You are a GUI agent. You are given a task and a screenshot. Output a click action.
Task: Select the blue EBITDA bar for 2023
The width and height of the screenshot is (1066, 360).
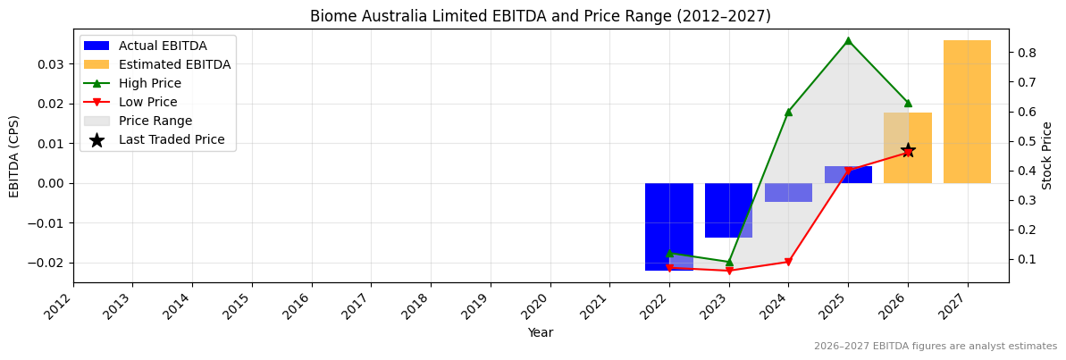pos(728,210)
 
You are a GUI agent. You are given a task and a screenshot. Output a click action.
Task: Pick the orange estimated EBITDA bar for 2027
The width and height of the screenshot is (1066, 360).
pos(967,112)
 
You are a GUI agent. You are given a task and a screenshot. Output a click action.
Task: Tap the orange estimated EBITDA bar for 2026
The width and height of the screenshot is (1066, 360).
pos(907,147)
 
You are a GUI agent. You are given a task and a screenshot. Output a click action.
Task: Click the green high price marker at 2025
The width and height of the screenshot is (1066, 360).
pos(848,40)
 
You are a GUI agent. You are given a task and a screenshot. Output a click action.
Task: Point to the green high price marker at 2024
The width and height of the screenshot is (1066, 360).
pos(788,112)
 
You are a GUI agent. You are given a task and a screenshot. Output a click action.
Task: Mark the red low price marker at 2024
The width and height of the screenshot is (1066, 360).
pos(788,262)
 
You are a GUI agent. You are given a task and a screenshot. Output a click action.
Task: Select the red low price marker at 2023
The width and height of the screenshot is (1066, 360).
pos(728,271)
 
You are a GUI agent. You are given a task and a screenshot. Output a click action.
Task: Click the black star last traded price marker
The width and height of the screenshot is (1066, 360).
pos(908,150)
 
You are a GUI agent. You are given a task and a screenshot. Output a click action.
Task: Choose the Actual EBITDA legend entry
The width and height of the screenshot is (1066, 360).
pos(162,46)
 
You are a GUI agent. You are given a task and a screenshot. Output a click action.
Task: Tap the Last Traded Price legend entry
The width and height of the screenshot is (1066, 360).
pos(171,139)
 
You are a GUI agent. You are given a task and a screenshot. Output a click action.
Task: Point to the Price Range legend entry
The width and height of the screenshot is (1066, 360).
pos(155,121)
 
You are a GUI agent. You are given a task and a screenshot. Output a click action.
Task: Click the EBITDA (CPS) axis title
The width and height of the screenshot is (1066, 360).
pos(14,155)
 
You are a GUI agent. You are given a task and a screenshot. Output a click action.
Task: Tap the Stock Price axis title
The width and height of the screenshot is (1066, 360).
pos(1047,155)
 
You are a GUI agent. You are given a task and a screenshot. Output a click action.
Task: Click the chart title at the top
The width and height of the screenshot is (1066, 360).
pos(540,16)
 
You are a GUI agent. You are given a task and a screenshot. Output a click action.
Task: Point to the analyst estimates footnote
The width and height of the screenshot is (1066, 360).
pos(935,347)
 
